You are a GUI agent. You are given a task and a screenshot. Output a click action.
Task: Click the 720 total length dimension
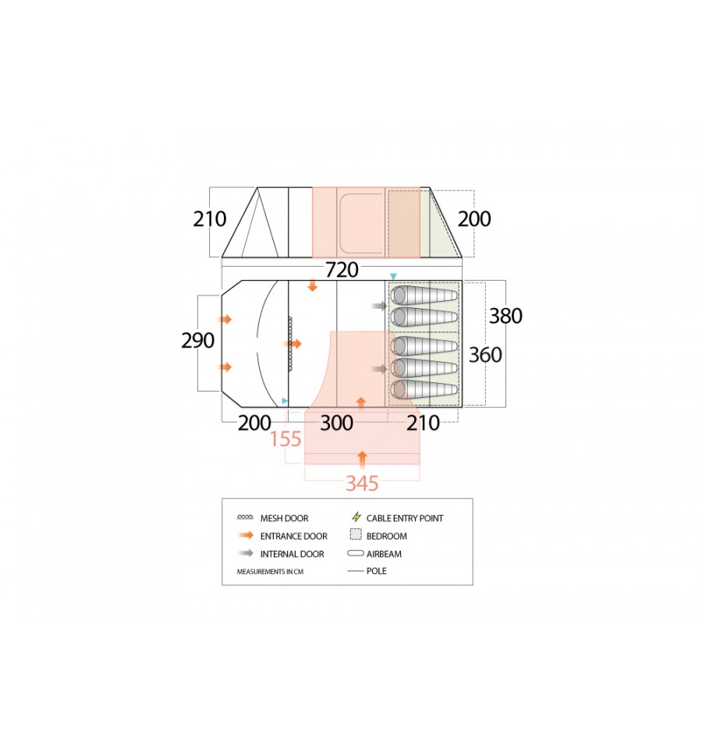coord(342,270)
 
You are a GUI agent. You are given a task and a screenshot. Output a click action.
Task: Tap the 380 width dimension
coord(505,316)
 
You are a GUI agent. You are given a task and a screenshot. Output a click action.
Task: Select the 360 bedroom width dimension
coord(485,355)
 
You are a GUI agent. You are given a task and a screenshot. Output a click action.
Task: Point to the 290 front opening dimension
coord(197,341)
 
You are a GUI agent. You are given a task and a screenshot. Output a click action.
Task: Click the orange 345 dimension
coord(362,484)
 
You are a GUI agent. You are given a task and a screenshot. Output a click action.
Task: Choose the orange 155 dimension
coord(285,439)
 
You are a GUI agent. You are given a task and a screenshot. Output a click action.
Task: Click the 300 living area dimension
coord(336,423)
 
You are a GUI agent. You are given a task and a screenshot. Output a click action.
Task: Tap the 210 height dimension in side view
coord(209,219)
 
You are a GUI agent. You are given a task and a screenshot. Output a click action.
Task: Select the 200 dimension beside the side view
coord(474,219)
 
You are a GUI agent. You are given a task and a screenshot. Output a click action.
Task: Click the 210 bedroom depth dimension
coord(423,423)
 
